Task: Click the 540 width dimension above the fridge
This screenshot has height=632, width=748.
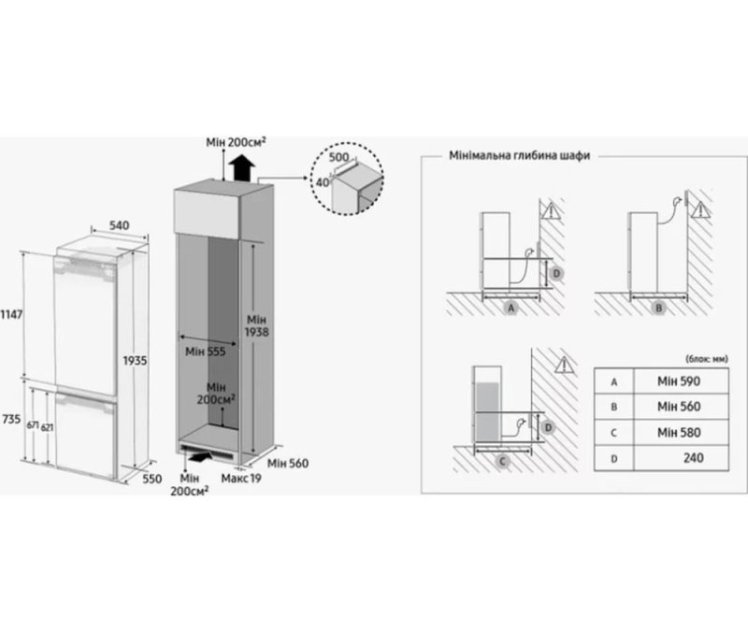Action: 118,225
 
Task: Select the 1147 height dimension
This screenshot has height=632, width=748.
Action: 12,315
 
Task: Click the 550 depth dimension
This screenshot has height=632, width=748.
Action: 151,479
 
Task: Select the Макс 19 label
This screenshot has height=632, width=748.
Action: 241,479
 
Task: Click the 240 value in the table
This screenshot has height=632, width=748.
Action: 693,458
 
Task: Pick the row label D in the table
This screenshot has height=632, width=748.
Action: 614,458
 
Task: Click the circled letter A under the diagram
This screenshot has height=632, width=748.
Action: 510,307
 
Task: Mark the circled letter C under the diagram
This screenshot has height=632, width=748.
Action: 502,459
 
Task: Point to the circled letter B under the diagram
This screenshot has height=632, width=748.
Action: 657,307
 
